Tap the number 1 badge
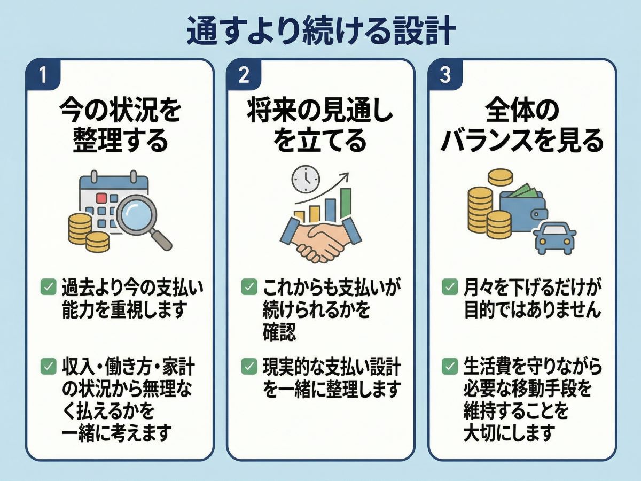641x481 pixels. tap(43, 75)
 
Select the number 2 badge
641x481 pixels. tap(244, 75)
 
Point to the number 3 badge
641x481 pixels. tap(445, 75)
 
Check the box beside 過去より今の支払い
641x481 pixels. tap(48, 288)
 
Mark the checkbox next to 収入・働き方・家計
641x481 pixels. tap(48, 366)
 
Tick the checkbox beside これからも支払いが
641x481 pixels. tap(248, 288)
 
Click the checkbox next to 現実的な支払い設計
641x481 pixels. tap(248, 366)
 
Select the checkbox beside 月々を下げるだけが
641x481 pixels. tap(449, 288)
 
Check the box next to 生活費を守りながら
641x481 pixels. tap(449, 366)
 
